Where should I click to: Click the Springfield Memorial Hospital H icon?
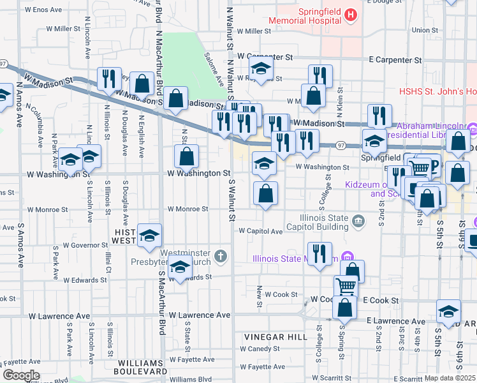tap(350, 14)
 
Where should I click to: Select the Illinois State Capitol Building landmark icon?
tap(358, 222)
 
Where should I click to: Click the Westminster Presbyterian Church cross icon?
tap(221, 257)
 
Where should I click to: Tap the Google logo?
tap(21, 375)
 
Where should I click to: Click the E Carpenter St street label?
tap(395, 59)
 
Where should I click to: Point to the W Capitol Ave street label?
tap(261, 231)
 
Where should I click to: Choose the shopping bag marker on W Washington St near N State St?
tap(186, 155)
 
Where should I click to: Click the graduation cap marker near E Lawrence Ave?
tap(448, 310)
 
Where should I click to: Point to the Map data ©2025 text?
tap(449, 378)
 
